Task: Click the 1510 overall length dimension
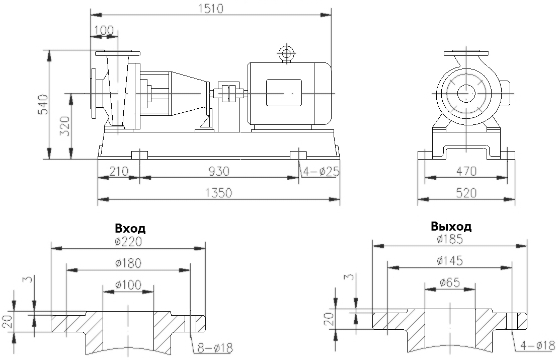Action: click(x=211, y=8)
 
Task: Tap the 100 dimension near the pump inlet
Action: click(x=104, y=30)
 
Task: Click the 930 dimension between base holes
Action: click(x=219, y=171)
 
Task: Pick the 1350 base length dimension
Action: click(x=219, y=193)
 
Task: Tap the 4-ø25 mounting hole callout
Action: click(x=321, y=172)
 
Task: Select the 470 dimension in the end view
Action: click(x=466, y=171)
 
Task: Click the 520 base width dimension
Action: click(x=466, y=193)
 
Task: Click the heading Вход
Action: click(x=130, y=229)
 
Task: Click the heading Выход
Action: click(x=451, y=226)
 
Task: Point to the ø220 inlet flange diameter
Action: click(x=128, y=241)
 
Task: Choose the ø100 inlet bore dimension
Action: click(x=128, y=284)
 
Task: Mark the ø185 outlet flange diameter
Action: click(x=449, y=239)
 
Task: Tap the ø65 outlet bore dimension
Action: click(x=449, y=282)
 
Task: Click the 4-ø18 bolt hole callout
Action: click(x=537, y=346)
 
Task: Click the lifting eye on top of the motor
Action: click(x=286, y=53)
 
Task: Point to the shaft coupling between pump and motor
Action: click(x=229, y=93)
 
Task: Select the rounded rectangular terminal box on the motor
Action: click(x=283, y=93)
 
